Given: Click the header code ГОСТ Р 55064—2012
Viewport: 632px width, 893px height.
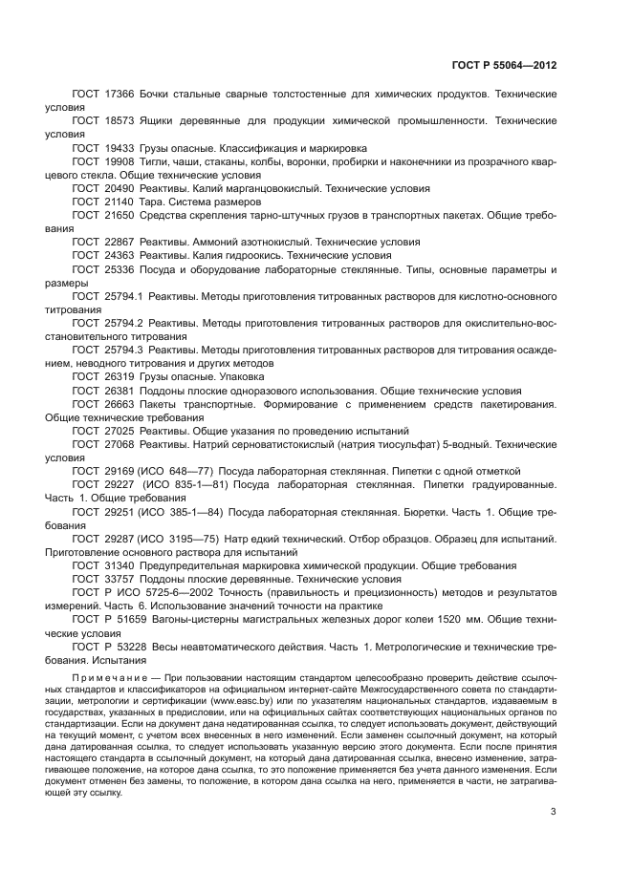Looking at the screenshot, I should pyautogui.click(x=503, y=65).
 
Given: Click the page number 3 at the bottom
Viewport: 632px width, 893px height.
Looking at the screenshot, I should pyautogui.click(x=554, y=813).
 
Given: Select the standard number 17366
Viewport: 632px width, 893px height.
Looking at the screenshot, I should pyautogui.click(x=120, y=96).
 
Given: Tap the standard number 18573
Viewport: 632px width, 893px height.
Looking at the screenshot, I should pyautogui.click(x=120, y=122).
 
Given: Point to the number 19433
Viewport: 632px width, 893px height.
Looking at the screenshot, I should pyautogui.click(x=120, y=149).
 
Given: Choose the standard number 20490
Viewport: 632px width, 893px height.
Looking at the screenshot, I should pyautogui.click(x=120, y=189).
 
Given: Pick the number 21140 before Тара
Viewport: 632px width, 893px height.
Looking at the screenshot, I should pyautogui.click(x=120, y=202).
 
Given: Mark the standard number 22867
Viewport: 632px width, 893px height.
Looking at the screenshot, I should pyautogui.click(x=120, y=243).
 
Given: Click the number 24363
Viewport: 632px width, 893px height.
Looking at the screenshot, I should pyautogui.click(x=120, y=256).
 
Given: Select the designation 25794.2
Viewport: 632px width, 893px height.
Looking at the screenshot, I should pyautogui.click(x=123, y=324).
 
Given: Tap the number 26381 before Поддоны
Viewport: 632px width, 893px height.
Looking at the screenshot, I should pyautogui.click(x=120, y=391).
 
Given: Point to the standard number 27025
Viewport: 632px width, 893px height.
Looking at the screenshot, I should pyautogui.click(x=120, y=431).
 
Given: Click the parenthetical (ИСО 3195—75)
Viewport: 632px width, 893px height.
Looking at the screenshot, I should pyautogui.click(x=180, y=539).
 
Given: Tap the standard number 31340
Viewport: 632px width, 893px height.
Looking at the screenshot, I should pyautogui.click(x=120, y=565).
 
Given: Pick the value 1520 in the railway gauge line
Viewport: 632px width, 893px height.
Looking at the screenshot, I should pyautogui.click(x=433, y=619).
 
